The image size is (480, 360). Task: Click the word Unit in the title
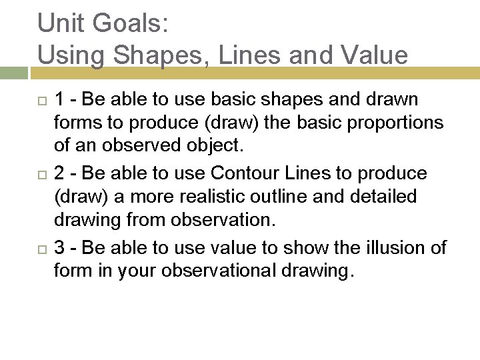[61, 23]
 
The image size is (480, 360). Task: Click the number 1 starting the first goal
[59, 100]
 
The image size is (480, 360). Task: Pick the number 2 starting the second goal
[59, 174]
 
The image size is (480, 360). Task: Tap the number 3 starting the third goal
[59, 248]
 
